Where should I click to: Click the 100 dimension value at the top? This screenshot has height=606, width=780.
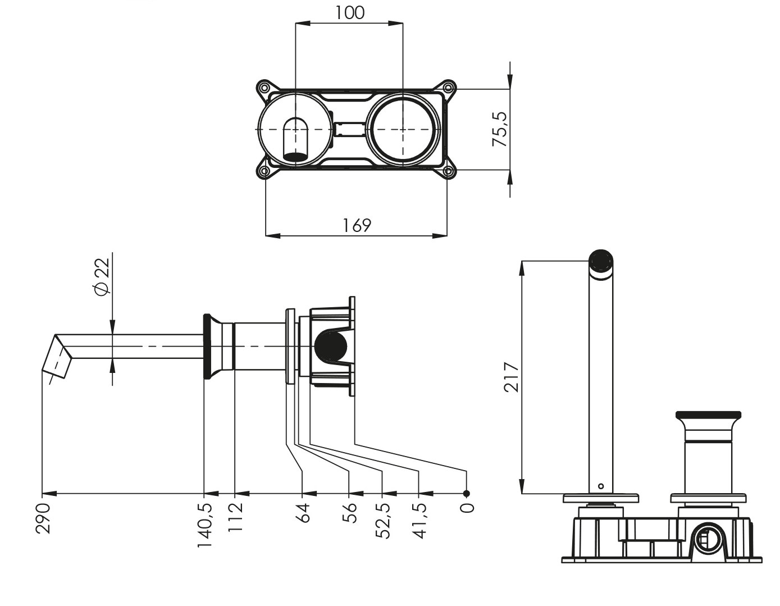tap(349, 12)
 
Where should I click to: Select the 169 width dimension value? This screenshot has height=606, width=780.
tap(357, 225)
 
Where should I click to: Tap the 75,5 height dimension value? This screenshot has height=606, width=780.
tap(499, 129)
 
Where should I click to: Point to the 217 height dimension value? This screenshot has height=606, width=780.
tap(510, 377)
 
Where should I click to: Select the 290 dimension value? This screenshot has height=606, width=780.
tap(43, 518)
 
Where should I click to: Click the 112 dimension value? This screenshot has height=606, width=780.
tap(235, 518)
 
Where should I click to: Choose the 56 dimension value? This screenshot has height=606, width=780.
tap(350, 513)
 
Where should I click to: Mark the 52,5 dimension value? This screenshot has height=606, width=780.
tap(383, 521)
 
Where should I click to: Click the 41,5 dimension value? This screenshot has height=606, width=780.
tap(419, 521)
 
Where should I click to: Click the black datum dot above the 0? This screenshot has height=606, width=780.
tap(466, 494)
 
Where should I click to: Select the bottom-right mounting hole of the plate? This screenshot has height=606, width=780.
tap(449, 172)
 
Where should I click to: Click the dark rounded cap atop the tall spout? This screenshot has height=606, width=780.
tap(600, 260)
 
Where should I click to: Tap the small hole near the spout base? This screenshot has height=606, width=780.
tap(601, 486)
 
